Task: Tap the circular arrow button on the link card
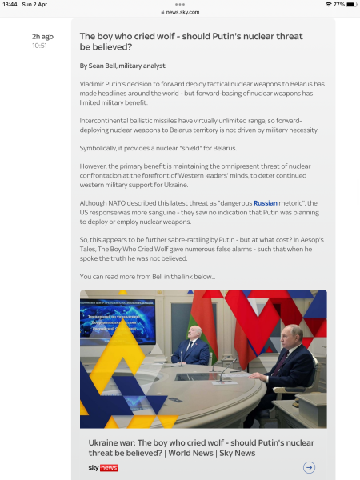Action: (309, 467)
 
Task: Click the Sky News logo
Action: (103, 467)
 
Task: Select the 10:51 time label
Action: (40, 46)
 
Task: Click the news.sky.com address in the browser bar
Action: (183, 12)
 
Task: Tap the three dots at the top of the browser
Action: (180, 4)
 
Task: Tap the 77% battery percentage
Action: (339, 4)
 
